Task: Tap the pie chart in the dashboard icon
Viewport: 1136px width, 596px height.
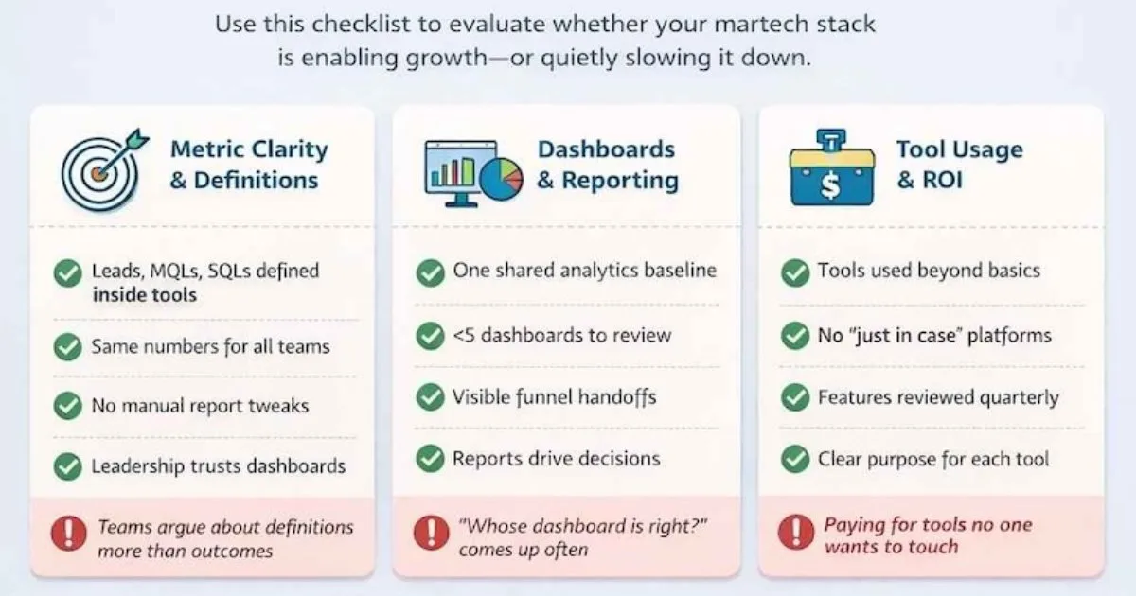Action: (501, 179)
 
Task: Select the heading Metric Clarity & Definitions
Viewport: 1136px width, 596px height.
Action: (249, 165)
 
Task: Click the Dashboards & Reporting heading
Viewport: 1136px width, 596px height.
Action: (608, 165)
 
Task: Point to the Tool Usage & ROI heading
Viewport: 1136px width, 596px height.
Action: (960, 165)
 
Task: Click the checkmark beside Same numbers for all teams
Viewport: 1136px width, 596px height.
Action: (67, 347)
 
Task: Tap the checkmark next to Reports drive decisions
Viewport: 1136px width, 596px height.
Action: (430, 458)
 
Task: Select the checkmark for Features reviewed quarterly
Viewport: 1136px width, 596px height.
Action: (795, 397)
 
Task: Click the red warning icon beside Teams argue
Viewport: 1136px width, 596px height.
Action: (68, 534)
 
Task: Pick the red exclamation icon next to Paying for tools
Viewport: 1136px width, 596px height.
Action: (796, 532)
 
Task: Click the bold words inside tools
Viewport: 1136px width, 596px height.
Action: (145, 295)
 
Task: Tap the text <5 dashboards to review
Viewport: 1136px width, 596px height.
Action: (562, 336)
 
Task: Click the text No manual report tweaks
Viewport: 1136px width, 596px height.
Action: (201, 406)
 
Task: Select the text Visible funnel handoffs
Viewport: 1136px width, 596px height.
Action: (555, 397)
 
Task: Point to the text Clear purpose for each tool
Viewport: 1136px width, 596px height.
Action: (933, 459)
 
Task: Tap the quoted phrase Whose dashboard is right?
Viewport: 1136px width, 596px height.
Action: (583, 526)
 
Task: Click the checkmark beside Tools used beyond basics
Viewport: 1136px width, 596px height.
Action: (795, 272)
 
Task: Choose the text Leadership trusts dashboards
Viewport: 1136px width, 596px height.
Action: (219, 466)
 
